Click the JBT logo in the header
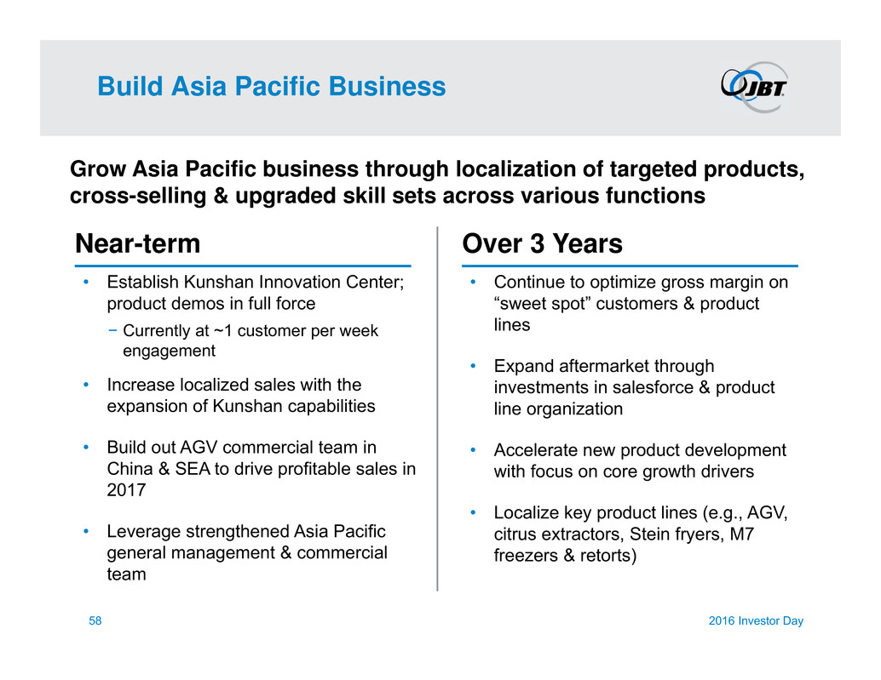click(x=755, y=87)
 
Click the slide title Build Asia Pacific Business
click(x=272, y=87)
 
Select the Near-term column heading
click(x=138, y=243)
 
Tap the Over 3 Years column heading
click(x=542, y=243)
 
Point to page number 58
click(x=95, y=620)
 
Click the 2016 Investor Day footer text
click(x=756, y=620)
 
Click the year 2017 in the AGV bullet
click(x=126, y=490)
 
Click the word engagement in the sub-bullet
click(x=169, y=351)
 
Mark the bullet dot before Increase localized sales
click(x=86, y=385)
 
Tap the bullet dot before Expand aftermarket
click(x=473, y=366)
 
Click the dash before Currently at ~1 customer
click(x=113, y=331)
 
